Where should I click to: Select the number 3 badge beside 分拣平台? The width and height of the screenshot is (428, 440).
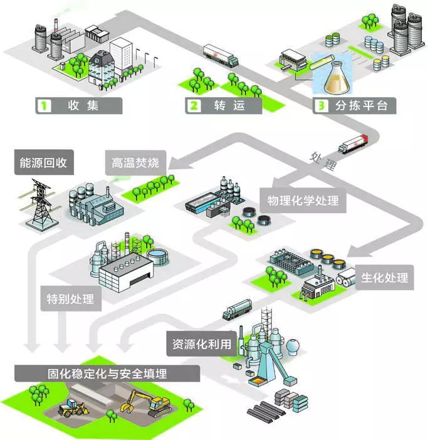321,105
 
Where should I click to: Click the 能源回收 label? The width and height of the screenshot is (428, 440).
43,164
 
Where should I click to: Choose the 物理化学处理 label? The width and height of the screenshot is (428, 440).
303,201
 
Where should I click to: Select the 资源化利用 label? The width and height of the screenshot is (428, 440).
202,343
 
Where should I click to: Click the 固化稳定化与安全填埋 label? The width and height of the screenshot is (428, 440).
107,374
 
